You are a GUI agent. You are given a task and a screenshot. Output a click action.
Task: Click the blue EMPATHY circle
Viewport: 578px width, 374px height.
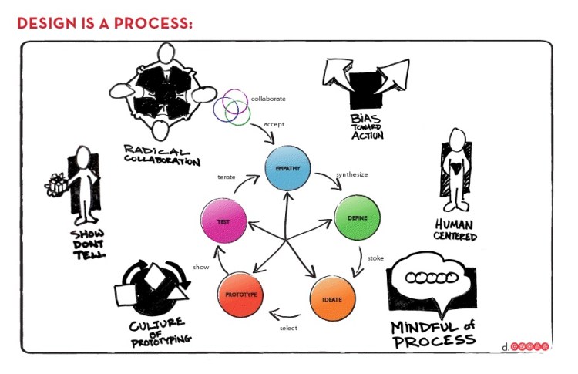(287, 169)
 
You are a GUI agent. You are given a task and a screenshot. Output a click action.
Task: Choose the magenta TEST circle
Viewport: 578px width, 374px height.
(222, 222)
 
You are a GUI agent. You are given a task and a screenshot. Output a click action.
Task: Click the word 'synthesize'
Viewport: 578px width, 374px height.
(351, 175)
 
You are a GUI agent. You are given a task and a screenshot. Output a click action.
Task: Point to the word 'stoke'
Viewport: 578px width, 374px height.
(375, 258)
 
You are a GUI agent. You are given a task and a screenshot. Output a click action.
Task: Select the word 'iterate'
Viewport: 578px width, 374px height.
(225, 177)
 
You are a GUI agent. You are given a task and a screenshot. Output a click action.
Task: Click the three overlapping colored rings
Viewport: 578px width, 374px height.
(232, 109)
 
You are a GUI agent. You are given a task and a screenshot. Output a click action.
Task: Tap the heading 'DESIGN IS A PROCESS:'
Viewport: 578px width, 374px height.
(104, 22)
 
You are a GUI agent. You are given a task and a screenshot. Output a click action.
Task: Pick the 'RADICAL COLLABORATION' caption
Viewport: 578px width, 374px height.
(161, 154)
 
